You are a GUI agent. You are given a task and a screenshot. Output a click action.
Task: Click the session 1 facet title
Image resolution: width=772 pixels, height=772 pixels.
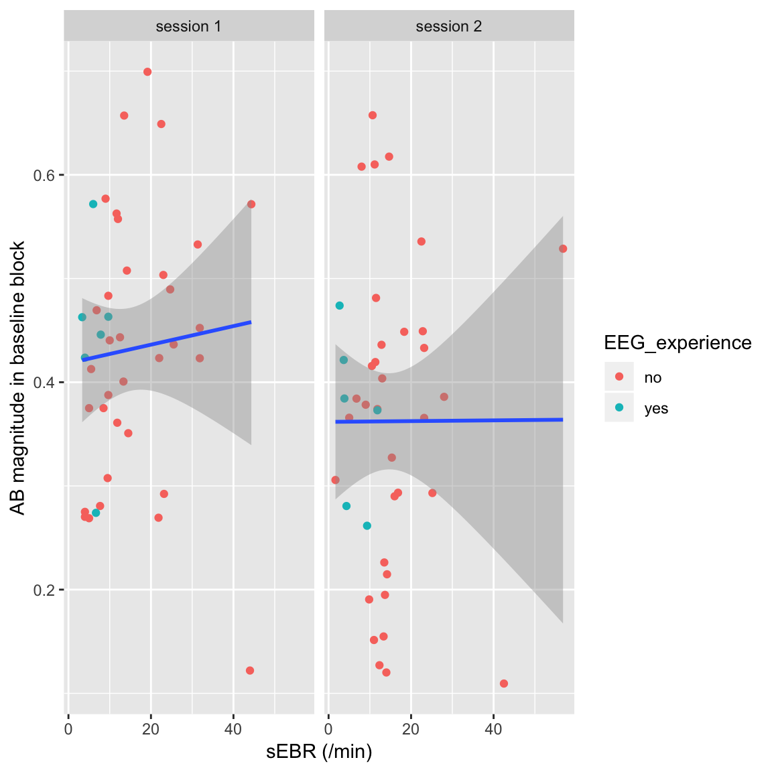[188, 27]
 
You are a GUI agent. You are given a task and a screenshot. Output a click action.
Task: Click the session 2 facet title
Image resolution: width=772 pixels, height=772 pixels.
[449, 27]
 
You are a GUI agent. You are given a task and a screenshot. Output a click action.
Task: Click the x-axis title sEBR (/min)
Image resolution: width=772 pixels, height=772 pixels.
[319, 751]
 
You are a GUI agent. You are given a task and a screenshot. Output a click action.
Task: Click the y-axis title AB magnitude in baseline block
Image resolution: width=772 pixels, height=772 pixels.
[18, 378]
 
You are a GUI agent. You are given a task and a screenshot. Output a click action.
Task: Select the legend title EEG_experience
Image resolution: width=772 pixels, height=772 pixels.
[678, 343]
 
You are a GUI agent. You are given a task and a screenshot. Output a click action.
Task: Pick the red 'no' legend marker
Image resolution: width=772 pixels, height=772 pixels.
[619, 377]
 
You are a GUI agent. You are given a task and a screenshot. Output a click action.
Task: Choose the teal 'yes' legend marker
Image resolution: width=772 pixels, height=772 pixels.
[619, 408]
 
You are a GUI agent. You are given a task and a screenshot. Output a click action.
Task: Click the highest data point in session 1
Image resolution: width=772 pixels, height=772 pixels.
[147, 72]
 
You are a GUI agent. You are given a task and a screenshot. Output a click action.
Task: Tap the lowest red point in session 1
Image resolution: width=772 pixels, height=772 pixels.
[250, 671]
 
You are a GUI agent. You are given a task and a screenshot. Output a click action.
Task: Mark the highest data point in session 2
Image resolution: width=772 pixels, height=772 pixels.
[373, 115]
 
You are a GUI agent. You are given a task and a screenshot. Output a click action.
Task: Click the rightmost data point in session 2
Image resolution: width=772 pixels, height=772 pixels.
[563, 249]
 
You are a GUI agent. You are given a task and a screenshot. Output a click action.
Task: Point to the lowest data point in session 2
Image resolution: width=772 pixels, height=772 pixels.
[504, 684]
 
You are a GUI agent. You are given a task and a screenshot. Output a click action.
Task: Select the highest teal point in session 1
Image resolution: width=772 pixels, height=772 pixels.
[93, 204]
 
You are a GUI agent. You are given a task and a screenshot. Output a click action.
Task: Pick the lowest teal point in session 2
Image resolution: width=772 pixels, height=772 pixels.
[367, 526]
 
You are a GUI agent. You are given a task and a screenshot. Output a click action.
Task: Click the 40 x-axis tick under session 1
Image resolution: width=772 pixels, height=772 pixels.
[233, 729]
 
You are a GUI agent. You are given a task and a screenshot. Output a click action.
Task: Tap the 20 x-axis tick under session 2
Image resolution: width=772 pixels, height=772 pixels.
[411, 729]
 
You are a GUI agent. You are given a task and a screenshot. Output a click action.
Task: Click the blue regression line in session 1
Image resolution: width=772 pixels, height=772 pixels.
[168, 340]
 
